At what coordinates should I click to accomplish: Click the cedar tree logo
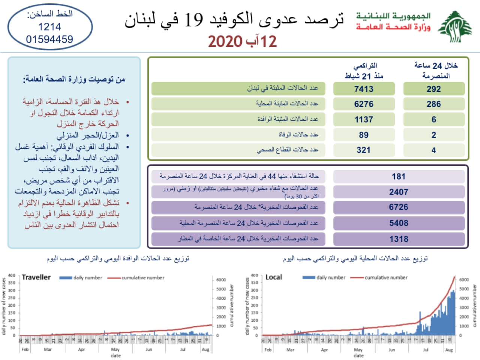[455, 27]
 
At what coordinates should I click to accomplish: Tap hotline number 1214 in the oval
[49, 27]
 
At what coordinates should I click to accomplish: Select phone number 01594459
[49, 39]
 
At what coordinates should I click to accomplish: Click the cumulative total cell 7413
[364, 89]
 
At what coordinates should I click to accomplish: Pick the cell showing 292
[433, 89]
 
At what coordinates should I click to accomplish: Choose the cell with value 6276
[364, 104]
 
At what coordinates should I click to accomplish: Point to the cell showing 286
[433, 104]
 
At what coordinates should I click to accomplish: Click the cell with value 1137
[364, 119]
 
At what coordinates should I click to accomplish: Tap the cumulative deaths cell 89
[364, 135]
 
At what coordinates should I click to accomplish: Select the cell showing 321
[364, 150]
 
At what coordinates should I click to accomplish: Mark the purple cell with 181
[399, 176]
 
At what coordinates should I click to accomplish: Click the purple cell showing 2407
[399, 192]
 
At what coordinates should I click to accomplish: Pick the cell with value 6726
[399, 207]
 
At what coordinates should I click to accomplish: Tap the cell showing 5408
[399, 223]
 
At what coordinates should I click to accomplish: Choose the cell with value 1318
[399, 239]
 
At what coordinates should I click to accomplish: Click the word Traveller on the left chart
[36, 277]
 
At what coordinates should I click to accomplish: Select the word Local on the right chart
[274, 277]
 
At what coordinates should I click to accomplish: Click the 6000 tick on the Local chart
[464, 280]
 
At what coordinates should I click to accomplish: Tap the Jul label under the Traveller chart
[183, 349]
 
